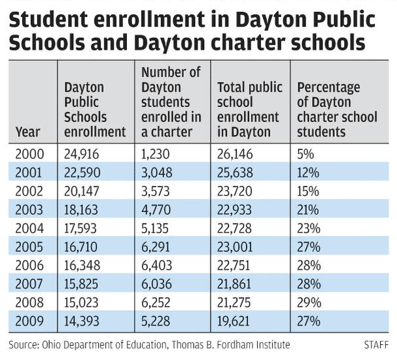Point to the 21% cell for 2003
pos(308,210)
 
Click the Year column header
pos(28,132)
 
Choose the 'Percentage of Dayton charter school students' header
pos(337,109)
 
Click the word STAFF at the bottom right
pos(375,344)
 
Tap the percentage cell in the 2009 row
pos(308,321)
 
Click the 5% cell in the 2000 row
pos(305,154)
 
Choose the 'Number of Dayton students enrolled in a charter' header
pos(171,101)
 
